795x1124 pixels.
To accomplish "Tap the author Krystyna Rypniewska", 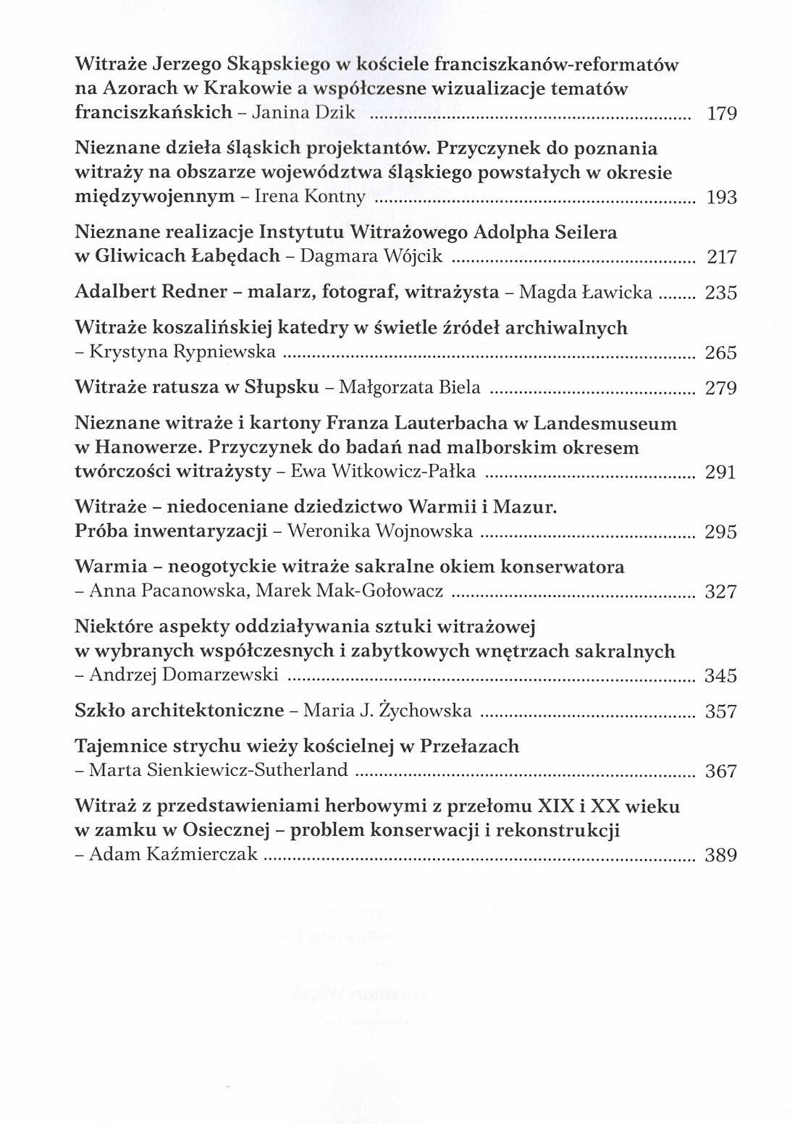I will point(182,352).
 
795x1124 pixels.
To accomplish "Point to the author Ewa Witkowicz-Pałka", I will point(383,472).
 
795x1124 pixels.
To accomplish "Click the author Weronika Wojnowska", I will point(380,532).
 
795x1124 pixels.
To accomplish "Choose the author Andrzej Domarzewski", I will point(184,675).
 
